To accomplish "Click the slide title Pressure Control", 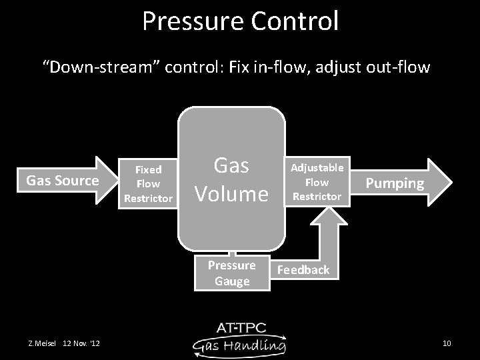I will tap(240, 21).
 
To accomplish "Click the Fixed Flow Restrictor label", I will tap(148, 183).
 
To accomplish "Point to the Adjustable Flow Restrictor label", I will tap(317, 181).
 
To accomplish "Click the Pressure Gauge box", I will tap(231, 273).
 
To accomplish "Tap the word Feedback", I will tap(303, 270).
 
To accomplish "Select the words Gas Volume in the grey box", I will tap(231, 180).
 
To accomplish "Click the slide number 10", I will tap(447, 343).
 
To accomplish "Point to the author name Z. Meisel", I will tap(42, 343).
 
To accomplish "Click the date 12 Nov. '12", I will tap(81, 343).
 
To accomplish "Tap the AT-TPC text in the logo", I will tap(241, 328).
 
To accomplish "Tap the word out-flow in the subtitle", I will tap(403, 68).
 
